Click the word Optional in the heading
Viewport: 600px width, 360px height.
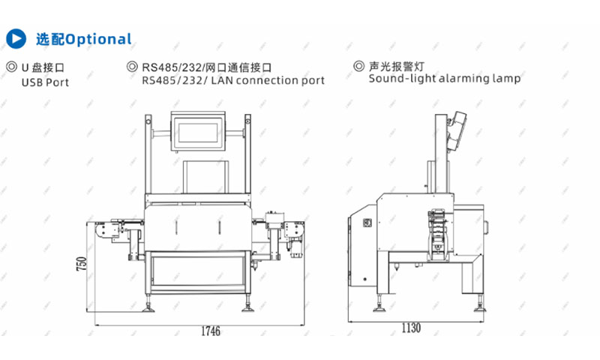coord(97,39)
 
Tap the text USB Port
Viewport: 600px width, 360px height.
coord(45,82)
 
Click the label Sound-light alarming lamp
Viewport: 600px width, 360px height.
coord(444,78)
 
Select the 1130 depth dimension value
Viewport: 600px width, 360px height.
coord(412,328)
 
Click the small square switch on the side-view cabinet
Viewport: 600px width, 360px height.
coord(367,223)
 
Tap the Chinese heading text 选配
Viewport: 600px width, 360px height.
coord(50,39)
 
